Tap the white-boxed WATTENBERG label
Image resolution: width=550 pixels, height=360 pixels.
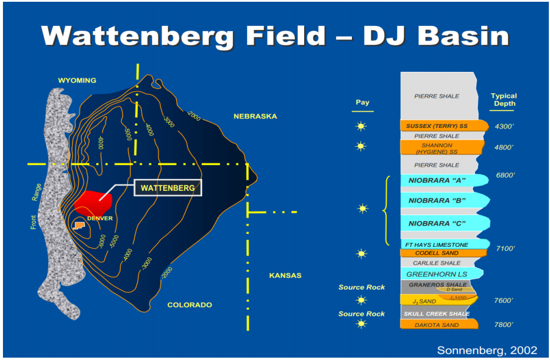[x=168, y=188]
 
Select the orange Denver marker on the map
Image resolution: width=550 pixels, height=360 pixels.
[x=78, y=226]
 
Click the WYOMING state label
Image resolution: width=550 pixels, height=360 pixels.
[x=77, y=81]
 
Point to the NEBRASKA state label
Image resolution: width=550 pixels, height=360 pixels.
[x=255, y=117]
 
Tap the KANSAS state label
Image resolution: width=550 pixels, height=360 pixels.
[x=285, y=276]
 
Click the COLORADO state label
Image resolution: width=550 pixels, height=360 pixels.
[x=189, y=305]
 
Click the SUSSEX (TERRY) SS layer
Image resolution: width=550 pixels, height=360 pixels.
[x=437, y=126]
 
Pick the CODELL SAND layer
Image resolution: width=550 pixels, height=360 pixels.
[x=437, y=253]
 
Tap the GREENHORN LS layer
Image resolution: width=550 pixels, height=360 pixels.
[x=437, y=274]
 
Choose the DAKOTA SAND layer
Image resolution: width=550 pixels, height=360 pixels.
[x=437, y=325]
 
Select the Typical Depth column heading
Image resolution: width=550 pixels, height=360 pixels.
[x=503, y=100]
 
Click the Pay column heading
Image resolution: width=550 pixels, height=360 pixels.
[x=363, y=103]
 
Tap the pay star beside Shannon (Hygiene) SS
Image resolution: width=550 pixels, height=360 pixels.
[x=361, y=146]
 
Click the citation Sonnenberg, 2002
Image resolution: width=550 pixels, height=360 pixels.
[x=487, y=350]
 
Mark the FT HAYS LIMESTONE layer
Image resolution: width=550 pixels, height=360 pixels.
[x=437, y=245]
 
